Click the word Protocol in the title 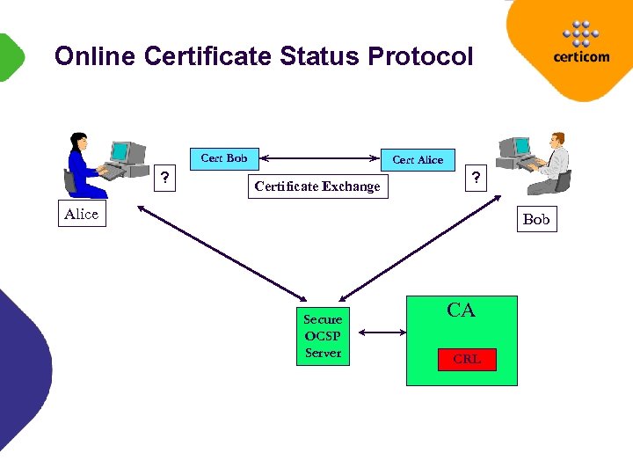point(420,57)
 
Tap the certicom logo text point(580,58)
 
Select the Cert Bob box point(224,158)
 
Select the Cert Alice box point(418,160)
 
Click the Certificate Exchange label point(317,186)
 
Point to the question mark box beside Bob point(476,178)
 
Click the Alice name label point(82,215)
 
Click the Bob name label point(535,219)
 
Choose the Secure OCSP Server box point(323,336)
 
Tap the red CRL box point(467,359)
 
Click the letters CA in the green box point(461,311)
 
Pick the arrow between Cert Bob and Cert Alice point(320,159)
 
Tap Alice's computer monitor point(120,151)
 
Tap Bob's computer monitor point(521,146)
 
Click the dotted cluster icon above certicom point(580,33)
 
